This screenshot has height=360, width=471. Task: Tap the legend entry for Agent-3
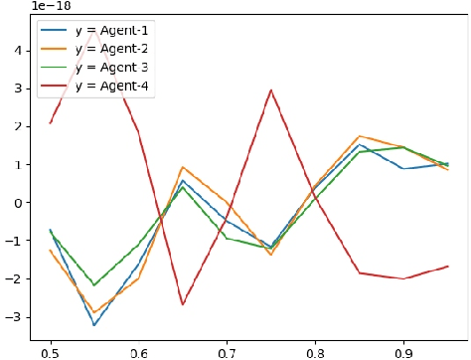coord(110,67)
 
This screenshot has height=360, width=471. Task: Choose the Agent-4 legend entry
coord(110,87)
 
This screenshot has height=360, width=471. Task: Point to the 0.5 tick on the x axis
coord(50,351)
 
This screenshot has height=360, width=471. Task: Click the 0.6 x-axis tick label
coord(138,351)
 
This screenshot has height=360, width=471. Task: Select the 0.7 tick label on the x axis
coord(227,351)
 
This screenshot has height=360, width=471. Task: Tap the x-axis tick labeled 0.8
coord(315,351)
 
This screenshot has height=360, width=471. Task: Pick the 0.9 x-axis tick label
coord(403,351)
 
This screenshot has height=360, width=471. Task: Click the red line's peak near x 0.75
coord(271,90)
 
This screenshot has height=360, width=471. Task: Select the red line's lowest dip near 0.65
coord(183,304)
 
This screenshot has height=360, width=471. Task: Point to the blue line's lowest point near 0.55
coord(94,325)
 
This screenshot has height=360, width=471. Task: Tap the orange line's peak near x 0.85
coord(360,136)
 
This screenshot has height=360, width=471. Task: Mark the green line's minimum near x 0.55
coord(94,285)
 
